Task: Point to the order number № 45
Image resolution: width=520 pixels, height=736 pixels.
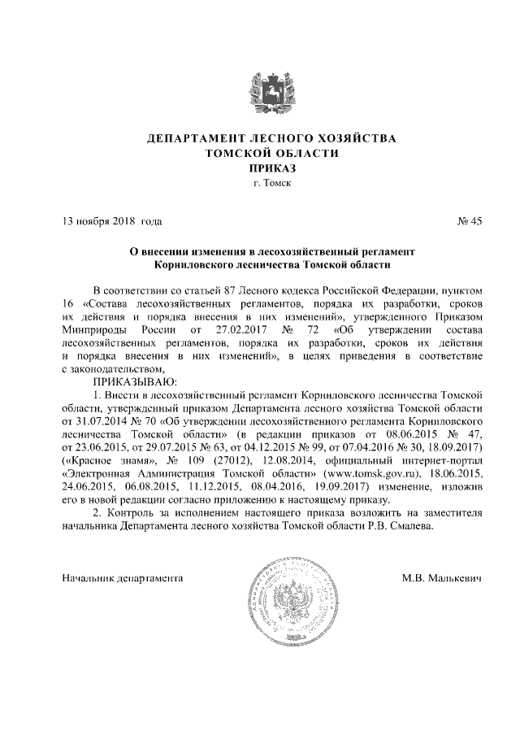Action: point(470,221)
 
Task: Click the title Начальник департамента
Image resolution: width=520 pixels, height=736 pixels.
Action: point(123,578)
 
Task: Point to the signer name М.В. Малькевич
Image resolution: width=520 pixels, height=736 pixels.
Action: point(442,578)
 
